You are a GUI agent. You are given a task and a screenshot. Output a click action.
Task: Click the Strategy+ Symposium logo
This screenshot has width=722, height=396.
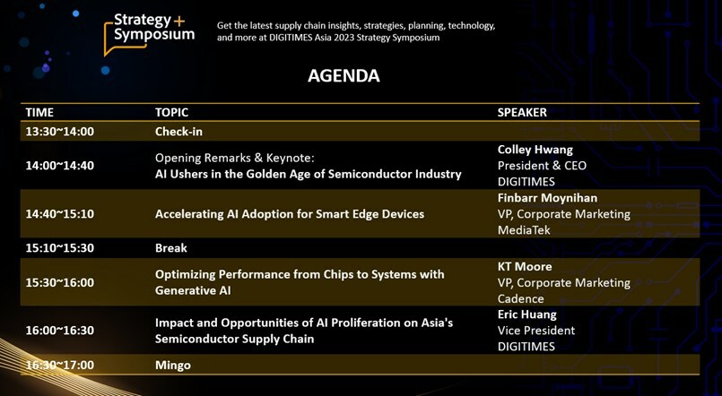(149, 33)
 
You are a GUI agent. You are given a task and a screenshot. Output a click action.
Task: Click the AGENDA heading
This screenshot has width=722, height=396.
(344, 76)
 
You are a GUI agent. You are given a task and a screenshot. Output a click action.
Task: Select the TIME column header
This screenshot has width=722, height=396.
(39, 112)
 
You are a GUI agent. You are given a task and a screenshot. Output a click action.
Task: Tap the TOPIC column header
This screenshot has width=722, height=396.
(171, 112)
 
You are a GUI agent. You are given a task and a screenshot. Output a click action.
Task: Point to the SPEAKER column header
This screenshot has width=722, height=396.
(522, 112)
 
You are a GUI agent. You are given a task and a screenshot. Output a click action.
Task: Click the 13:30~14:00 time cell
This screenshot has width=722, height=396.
(60, 132)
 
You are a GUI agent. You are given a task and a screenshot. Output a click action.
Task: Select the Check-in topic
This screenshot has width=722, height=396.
(178, 132)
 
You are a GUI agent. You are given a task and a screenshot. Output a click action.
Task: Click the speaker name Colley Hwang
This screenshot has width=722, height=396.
(535, 150)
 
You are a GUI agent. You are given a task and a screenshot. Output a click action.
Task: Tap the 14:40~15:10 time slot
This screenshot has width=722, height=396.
(60, 214)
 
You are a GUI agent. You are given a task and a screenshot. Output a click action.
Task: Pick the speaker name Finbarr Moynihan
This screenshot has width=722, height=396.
(547, 198)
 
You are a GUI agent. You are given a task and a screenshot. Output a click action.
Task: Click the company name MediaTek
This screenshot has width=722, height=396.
(524, 230)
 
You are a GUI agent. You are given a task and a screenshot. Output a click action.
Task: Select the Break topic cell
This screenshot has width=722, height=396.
(171, 248)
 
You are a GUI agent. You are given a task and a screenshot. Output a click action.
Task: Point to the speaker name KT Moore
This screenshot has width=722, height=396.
(525, 266)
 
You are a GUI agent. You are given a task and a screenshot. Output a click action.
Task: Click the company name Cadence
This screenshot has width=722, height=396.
(521, 298)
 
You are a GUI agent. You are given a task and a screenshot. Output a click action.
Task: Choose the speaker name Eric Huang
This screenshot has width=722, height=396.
(527, 314)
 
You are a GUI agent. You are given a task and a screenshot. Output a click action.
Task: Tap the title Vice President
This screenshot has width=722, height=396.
(536, 331)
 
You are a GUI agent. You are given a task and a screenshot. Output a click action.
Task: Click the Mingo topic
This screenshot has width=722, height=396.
(173, 366)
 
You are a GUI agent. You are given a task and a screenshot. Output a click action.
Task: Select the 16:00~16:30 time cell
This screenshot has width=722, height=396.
(60, 331)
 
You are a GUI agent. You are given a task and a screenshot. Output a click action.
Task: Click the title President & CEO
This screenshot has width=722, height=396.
(542, 166)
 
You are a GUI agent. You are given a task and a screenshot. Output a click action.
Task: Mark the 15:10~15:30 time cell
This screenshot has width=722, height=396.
(60, 248)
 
